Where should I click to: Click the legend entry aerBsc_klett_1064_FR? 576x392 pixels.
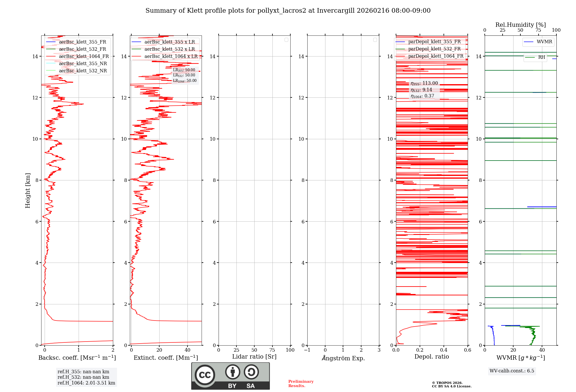coord(84,56)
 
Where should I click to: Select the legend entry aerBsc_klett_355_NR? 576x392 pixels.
coord(83,64)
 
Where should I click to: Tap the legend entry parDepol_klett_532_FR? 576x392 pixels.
coord(434,49)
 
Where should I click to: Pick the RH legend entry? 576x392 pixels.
coord(541,57)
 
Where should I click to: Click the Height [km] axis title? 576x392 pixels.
coord(28,191)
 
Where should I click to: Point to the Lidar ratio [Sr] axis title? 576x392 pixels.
coord(254,357)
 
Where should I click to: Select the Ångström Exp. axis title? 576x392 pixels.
coord(343,358)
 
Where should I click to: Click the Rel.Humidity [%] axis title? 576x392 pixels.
coord(520,25)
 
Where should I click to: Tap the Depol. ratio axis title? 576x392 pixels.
coord(431,357)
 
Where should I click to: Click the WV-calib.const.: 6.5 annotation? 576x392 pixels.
coord(512,371)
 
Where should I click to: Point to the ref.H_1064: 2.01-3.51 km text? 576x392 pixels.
coord(86,383)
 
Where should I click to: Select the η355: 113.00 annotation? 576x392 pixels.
coord(424,83)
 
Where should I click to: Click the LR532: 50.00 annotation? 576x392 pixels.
coord(184,75)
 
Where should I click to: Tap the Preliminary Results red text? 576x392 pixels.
coord(301,384)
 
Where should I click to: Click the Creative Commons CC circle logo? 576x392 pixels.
coord(205,375)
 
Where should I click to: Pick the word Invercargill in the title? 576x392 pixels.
coord(336,11)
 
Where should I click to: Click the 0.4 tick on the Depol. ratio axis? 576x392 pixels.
coord(444,350)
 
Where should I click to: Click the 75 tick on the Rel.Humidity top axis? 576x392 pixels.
coord(538,30)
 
